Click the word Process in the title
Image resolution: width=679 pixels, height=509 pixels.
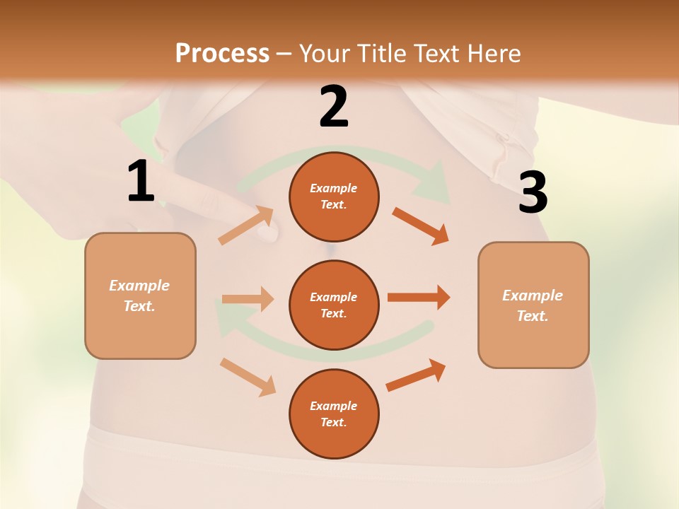(x=222, y=54)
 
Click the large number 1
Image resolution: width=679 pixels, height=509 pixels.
(x=141, y=182)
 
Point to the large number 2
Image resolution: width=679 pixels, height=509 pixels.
(x=334, y=107)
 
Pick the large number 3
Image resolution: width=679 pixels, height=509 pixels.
(x=533, y=193)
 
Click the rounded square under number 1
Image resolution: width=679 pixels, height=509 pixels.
(x=140, y=296)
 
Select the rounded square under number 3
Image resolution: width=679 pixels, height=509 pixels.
(x=533, y=305)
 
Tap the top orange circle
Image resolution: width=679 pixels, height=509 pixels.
(x=334, y=197)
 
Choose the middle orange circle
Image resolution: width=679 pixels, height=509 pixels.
(x=334, y=305)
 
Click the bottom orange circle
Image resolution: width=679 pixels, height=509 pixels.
(x=334, y=414)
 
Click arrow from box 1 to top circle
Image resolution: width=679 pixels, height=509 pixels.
(x=246, y=226)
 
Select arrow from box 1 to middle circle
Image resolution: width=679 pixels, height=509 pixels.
(x=248, y=299)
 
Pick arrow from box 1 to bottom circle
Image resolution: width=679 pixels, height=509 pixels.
(x=248, y=377)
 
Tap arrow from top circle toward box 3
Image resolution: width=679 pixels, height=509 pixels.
(x=421, y=226)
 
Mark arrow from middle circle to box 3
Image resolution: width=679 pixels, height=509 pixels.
(x=419, y=297)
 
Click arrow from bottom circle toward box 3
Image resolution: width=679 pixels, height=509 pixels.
(x=416, y=375)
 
